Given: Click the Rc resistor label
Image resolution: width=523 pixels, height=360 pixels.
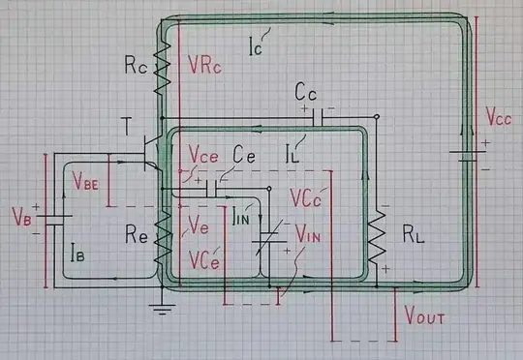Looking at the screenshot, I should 136,68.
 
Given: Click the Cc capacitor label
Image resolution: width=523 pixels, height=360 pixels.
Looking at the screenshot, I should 309,93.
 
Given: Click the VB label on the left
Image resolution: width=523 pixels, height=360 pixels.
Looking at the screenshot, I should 20,212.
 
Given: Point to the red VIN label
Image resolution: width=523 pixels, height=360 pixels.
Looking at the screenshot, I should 311,234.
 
